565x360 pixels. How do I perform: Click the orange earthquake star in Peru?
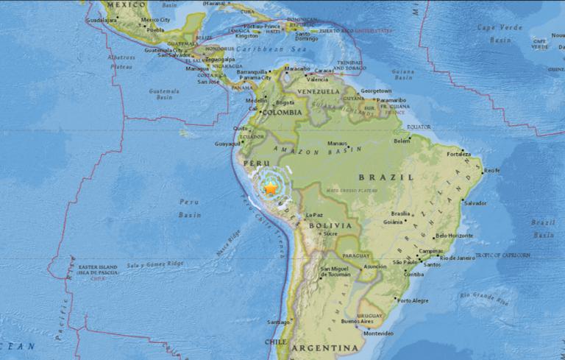coord(271,189)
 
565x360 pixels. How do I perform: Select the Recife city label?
coord(491,170)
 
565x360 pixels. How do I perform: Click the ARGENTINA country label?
coord(324,347)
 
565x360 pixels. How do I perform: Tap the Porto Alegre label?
coord(413,300)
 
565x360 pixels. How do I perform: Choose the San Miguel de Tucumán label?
coord(339,273)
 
